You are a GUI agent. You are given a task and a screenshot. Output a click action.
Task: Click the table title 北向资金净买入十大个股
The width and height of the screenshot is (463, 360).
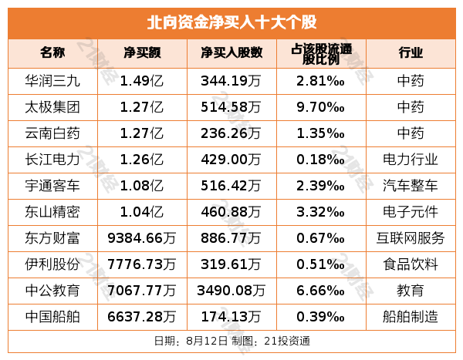pyautogui.click(x=231, y=22)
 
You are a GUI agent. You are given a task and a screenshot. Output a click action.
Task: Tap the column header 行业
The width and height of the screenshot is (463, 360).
pyautogui.click(x=411, y=53)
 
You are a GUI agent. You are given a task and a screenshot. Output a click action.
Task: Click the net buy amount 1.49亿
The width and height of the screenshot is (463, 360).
pyautogui.click(x=142, y=80)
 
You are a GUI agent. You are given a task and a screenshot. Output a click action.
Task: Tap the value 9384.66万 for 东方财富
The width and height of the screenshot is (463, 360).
pyautogui.click(x=142, y=237)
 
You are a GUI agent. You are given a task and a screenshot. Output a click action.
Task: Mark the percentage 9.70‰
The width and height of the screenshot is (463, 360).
pyautogui.click(x=319, y=106)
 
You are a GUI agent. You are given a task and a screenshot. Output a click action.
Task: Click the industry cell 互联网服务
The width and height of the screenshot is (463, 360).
pyautogui.click(x=411, y=237)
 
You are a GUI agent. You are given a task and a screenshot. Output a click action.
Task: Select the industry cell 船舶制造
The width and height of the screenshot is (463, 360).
pyautogui.click(x=411, y=316)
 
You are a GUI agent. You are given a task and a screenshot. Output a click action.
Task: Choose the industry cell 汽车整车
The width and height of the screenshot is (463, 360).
pyautogui.click(x=411, y=185)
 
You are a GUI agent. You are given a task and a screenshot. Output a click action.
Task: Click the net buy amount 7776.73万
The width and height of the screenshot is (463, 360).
pyautogui.click(x=142, y=264)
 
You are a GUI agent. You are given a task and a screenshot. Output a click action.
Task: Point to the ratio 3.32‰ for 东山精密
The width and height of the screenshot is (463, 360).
pyautogui.click(x=319, y=211)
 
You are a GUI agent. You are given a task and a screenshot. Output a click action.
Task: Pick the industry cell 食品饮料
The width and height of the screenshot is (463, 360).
pyautogui.click(x=411, y=264)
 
